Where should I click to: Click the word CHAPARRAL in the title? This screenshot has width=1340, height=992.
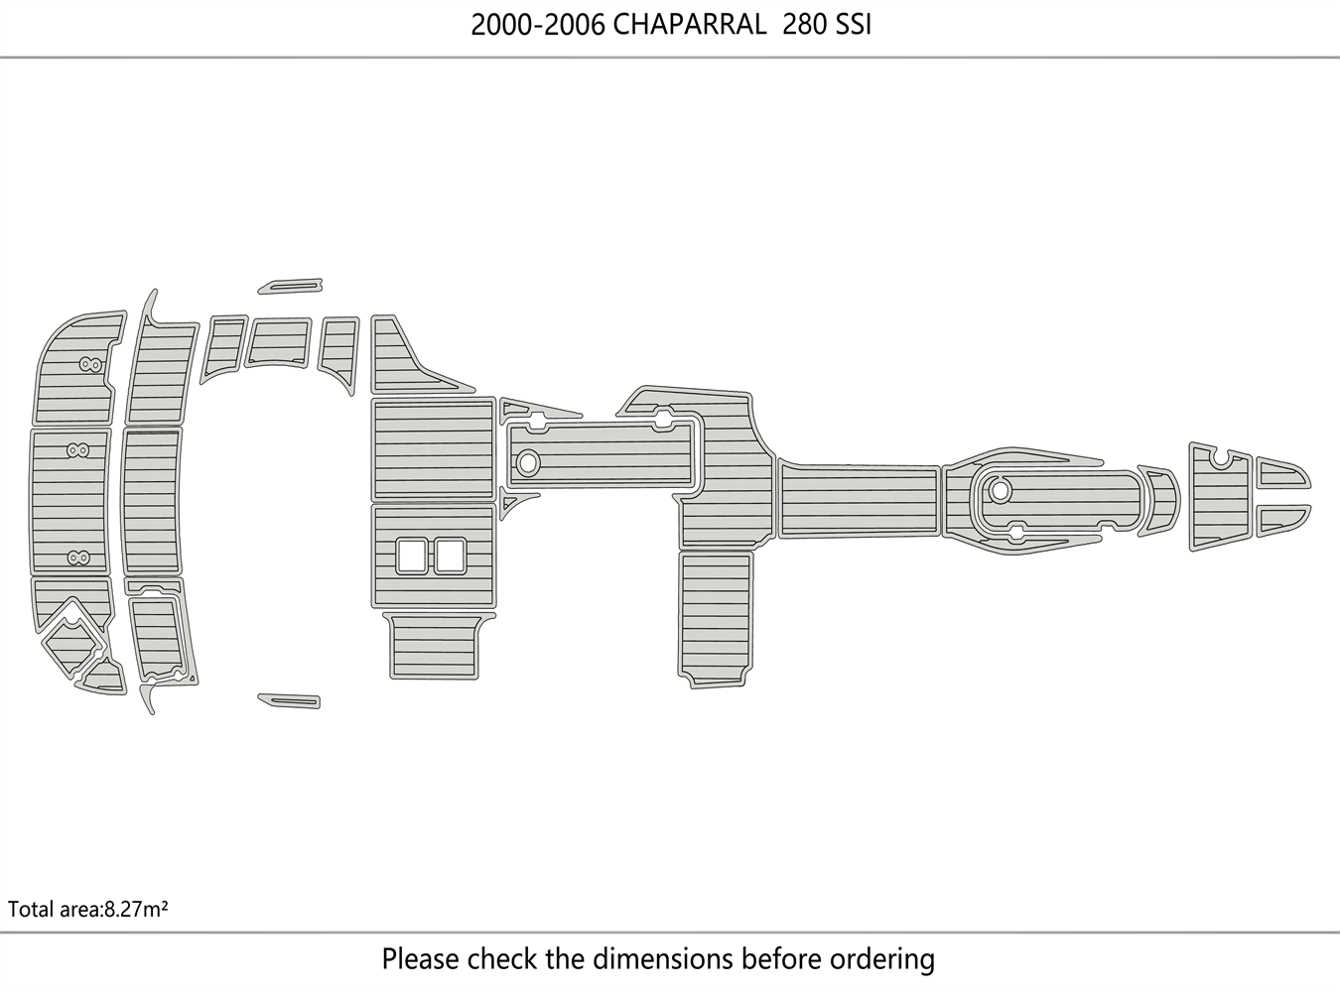689,25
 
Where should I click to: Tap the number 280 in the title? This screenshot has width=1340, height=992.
804,25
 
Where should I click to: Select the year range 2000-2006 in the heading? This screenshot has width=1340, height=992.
537,25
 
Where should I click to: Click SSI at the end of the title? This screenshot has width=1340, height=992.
853,25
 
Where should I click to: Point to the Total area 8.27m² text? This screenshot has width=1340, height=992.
87,909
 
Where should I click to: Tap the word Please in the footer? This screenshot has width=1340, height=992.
421,959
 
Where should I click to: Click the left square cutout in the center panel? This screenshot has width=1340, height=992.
411,556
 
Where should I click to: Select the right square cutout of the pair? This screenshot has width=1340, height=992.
450,556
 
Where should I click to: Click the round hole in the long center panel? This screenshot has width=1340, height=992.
527,461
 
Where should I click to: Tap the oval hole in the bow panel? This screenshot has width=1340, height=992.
1000,490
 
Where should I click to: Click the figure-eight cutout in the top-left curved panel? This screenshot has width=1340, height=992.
90,365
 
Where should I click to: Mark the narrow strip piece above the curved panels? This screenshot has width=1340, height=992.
289,286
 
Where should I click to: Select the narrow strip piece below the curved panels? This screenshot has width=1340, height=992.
289,700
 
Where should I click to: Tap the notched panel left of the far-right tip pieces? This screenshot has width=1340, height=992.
1221,496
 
